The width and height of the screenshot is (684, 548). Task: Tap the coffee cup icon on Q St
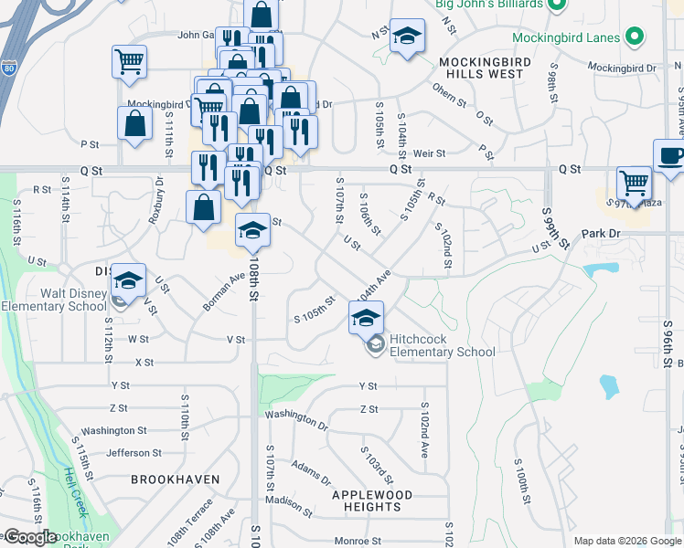670,155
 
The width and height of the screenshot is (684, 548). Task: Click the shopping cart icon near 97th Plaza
634,183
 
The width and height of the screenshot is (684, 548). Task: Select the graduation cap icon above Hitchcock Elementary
366,318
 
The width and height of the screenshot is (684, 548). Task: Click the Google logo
29,537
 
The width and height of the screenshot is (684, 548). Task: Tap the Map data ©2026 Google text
627,541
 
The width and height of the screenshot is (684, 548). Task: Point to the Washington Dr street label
296,419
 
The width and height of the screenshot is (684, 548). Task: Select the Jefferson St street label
134,452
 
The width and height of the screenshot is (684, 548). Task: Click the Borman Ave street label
225,290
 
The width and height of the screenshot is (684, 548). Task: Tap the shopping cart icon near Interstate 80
130,61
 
